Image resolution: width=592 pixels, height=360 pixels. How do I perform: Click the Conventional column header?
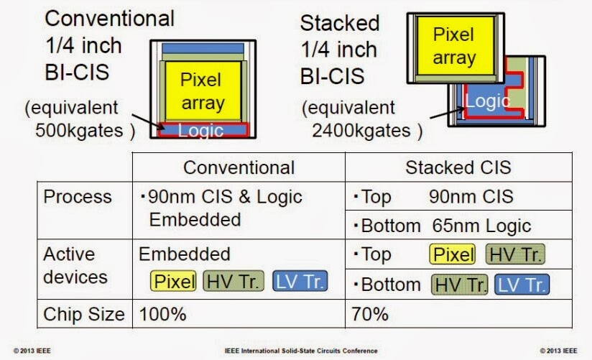coord(239,167)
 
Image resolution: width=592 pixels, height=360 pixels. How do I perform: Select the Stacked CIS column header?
coord(458,167)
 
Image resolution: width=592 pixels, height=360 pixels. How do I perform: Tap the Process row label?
coord(78,197)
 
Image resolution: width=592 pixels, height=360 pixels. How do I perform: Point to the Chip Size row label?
coord(83,314)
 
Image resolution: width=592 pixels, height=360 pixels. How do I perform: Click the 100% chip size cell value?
coord(162,314)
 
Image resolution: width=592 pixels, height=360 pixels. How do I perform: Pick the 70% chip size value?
coord(370,314)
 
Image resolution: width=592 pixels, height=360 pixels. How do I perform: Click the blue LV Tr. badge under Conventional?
coord(300,281)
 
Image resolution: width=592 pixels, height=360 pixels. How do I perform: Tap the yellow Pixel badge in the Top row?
coord(453,254)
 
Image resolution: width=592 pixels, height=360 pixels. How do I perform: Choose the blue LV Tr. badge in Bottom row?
coord(522,284)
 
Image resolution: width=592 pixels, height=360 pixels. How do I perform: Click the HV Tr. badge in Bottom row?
coord(460,284)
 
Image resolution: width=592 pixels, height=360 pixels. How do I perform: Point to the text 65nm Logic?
coord(481,226)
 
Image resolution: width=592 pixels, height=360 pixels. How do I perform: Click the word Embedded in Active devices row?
coord(185,254)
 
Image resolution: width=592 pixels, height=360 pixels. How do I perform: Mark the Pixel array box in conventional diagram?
coord(201,91)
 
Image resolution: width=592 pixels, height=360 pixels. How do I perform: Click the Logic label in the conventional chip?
coord(200,131)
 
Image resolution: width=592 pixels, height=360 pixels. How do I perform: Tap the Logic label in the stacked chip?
coord(487,101)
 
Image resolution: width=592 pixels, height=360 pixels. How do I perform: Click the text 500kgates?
coord(79,131)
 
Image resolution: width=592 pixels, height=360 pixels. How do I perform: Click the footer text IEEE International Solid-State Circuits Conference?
coord(295,351)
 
